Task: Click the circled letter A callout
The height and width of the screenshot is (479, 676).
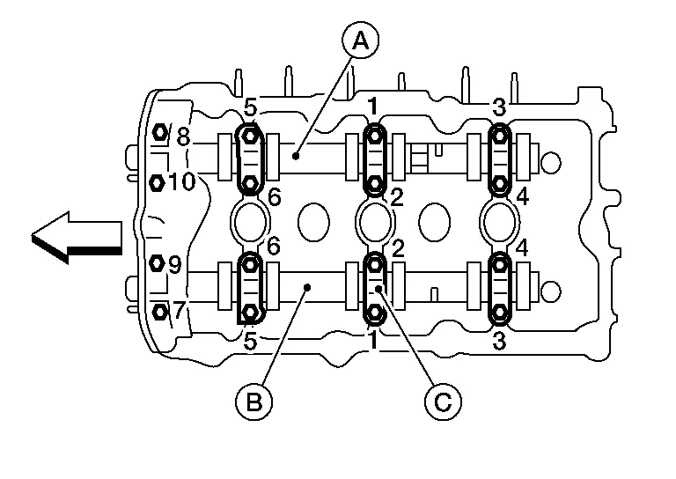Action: coord(360,39)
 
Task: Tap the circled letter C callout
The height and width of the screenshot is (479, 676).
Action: coord(443,402)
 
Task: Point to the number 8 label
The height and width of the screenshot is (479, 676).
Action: coord(184,137)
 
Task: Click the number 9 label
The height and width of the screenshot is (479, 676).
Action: coord(174,264)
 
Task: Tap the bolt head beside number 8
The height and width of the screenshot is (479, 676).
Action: coord(160,133)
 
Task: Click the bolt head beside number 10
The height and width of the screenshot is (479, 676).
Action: coord(158,182)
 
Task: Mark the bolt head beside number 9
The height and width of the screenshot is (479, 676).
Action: coord(158,263)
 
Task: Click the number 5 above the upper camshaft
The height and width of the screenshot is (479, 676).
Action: coord(251,109)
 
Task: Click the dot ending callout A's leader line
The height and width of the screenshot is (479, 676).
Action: coord(298,157)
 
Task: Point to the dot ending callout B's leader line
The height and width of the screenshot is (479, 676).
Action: coord(307,286)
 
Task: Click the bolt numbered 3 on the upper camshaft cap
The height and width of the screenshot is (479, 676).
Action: coord(500,135)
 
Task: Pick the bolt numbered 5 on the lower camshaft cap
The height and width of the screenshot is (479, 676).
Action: coord(251,312)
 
